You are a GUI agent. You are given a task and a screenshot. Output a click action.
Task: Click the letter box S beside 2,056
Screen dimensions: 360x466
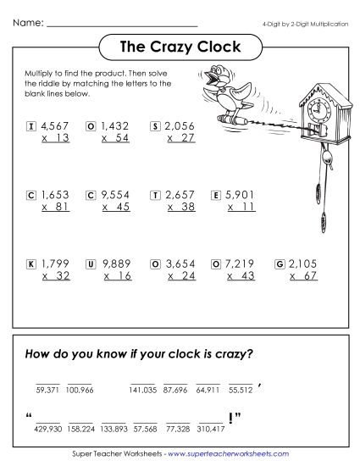click(x=155, y=126)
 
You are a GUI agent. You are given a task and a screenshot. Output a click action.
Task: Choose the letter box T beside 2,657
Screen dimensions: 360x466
click(x=155, y=195)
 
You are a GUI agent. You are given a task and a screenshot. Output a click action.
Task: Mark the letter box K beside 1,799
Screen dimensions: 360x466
click(x=30, y=264)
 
